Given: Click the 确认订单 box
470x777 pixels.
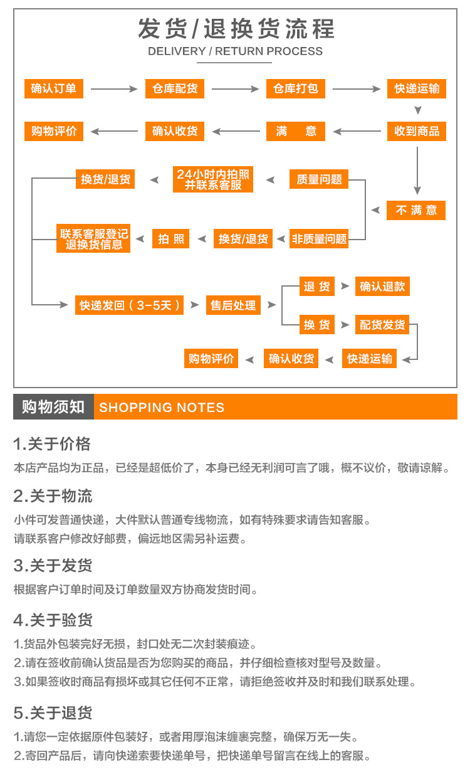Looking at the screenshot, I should pos(53,88).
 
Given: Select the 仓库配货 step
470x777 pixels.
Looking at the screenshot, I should pos(175,88).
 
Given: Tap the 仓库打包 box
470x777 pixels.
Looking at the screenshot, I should pos(296,88).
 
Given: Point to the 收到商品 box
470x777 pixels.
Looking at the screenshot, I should pos(417,131).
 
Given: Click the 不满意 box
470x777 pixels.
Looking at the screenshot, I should pos(417,210).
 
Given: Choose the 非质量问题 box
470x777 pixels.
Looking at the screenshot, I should pos(319,238).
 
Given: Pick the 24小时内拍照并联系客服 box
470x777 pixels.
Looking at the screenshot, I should pos(213,179).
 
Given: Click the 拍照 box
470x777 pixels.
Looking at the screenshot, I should pos(170,238).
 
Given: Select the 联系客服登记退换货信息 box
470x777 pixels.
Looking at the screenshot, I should pos(94,238).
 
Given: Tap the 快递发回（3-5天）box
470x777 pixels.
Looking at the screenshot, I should pos(130,305).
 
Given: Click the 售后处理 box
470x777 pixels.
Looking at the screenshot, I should pos(232,305).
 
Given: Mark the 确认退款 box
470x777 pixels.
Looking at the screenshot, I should pos(382,287).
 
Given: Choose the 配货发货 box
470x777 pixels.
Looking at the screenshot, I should pos(382,324).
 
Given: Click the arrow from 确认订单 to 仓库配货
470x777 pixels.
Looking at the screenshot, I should pos(114,89).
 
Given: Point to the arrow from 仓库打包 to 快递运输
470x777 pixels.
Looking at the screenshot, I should pos(356,89).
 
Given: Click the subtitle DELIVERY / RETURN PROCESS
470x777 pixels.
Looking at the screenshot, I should pos(235,51).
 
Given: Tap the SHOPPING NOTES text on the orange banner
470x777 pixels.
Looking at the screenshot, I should pos(162,408).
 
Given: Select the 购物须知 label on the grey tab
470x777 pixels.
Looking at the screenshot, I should pos(53,407).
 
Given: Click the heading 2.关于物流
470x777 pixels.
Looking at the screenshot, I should pos(53,496).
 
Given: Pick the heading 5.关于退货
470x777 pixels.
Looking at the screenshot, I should pos(53,712).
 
